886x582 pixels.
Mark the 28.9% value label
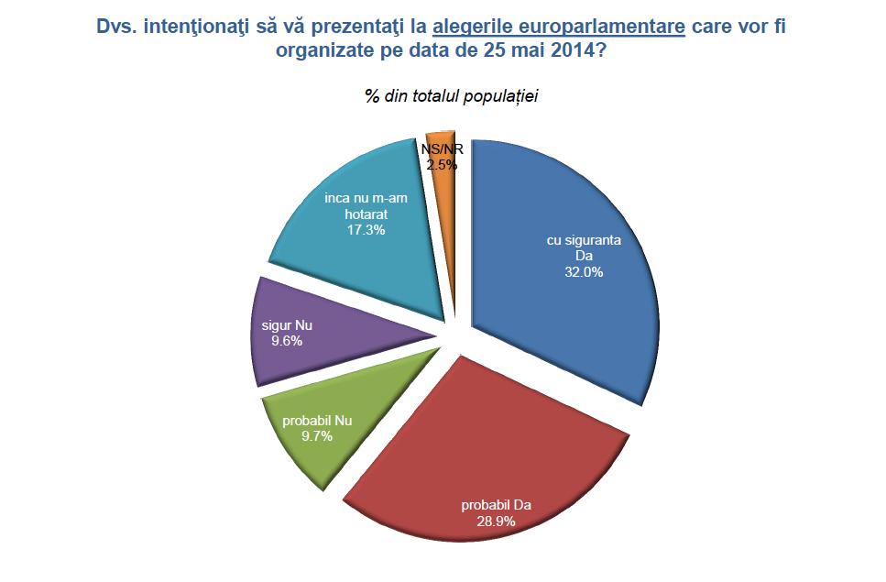[495, 521]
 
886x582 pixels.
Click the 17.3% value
[365, 230]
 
